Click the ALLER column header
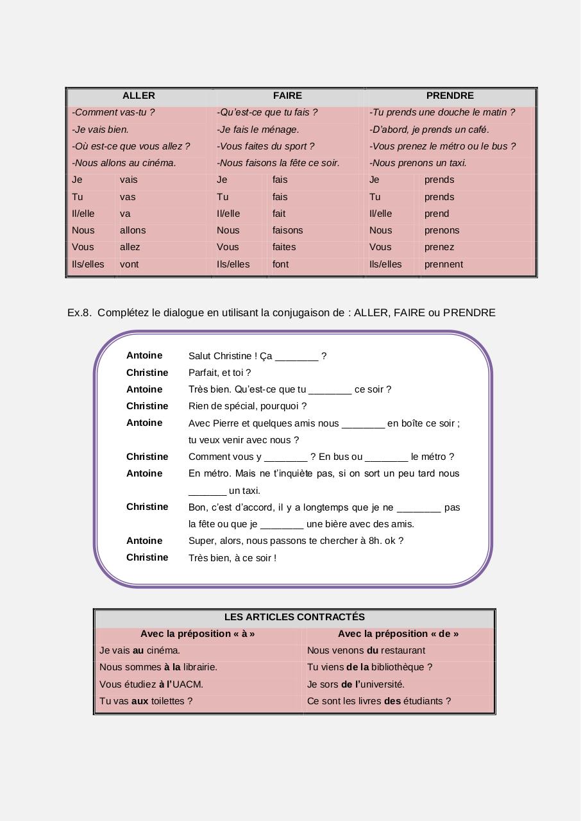(x=139, y=96)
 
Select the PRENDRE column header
(x=450, y=96)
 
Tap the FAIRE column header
(x=287, y=96)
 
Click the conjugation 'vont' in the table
(x=129, y=264)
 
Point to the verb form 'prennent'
(x=443, y=264)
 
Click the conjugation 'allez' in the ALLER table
(x=130, y=247)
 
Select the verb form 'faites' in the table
(x=284, y=247)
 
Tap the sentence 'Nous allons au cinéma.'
(x=124, y=163)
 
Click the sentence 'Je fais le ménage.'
(x=258, y=130)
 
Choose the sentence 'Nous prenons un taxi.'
(x=418, y=163)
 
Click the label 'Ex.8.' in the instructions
(x=80, y=313)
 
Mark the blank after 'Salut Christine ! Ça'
(x=296, y=357)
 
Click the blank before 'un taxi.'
(x=207, y=491)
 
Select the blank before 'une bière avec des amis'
(x=282, y=525)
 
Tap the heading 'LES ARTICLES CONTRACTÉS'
(x=294, y=617)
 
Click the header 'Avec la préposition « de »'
(x=398, y=634)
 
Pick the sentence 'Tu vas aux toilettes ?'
(x=146, y=701)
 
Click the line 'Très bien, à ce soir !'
(x=232, y=558)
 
